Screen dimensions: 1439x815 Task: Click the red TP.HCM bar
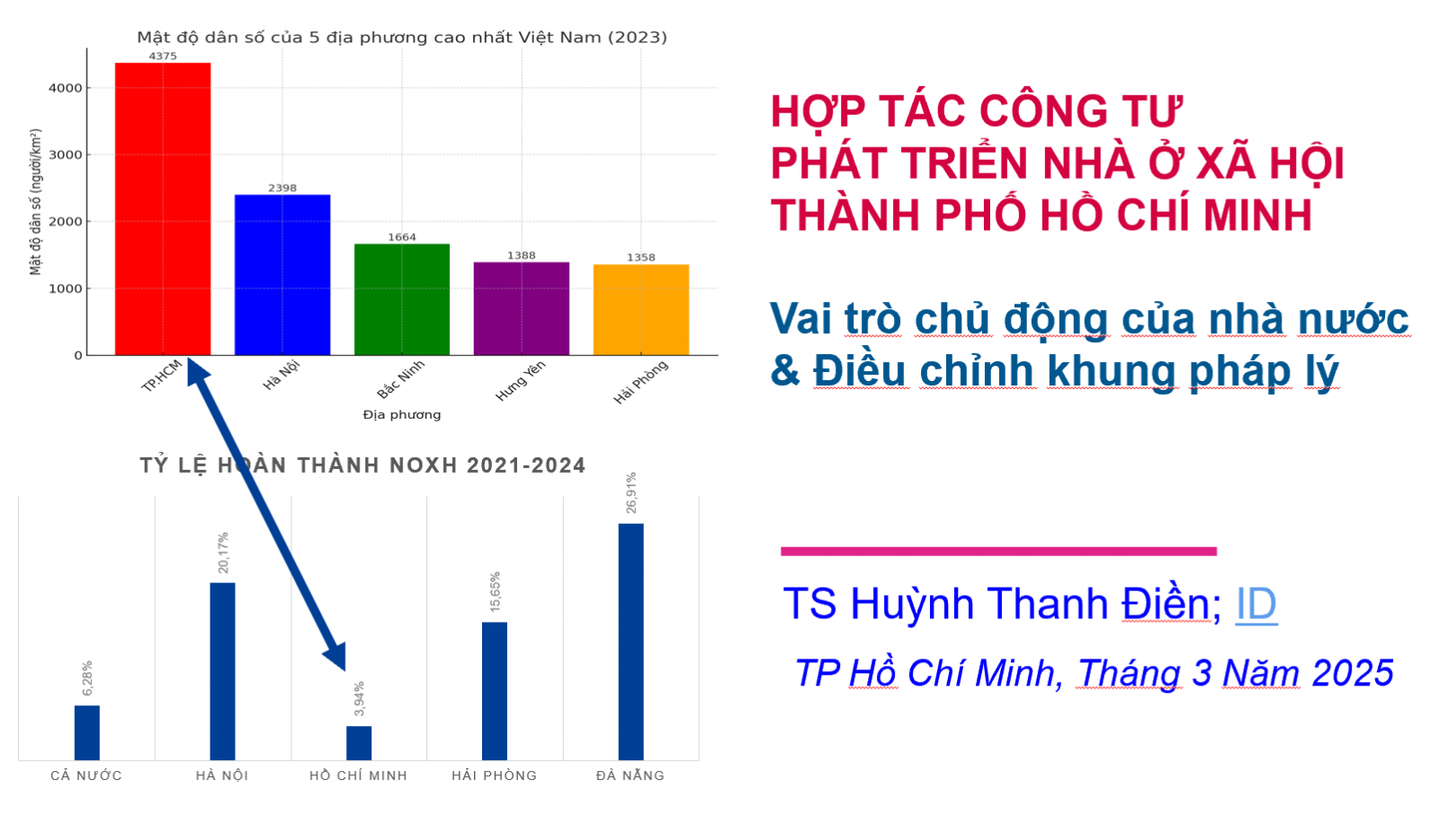click(163, 208)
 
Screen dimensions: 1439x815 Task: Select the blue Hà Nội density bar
click(282, 275)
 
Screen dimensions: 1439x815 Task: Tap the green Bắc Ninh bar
click(402, 299)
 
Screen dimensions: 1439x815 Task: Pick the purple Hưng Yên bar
click(522, 308)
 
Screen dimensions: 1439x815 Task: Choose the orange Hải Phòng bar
click(641, 309)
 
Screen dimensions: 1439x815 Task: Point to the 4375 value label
click(163, 56)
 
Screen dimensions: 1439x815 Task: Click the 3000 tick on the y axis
click(66, 155)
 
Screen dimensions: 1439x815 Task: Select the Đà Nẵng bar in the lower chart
click(630, 642)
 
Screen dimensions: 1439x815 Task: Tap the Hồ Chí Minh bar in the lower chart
click(359, 743)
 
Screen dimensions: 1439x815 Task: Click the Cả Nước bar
click(87, 733)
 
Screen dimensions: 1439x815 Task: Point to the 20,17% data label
click(223, 553)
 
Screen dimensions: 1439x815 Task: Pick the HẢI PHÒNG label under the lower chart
click(494, 775)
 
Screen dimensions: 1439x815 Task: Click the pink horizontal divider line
click(999, 551)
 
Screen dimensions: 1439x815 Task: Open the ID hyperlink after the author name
click(1256, 603)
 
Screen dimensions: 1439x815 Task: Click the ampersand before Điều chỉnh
click(785, 371)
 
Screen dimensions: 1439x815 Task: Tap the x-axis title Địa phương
click(402, 414)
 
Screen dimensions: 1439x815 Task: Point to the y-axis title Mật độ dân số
click(35, 202)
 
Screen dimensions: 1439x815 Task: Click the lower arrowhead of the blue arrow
click(337, 656)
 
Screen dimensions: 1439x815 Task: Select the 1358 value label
click(641, 257)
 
